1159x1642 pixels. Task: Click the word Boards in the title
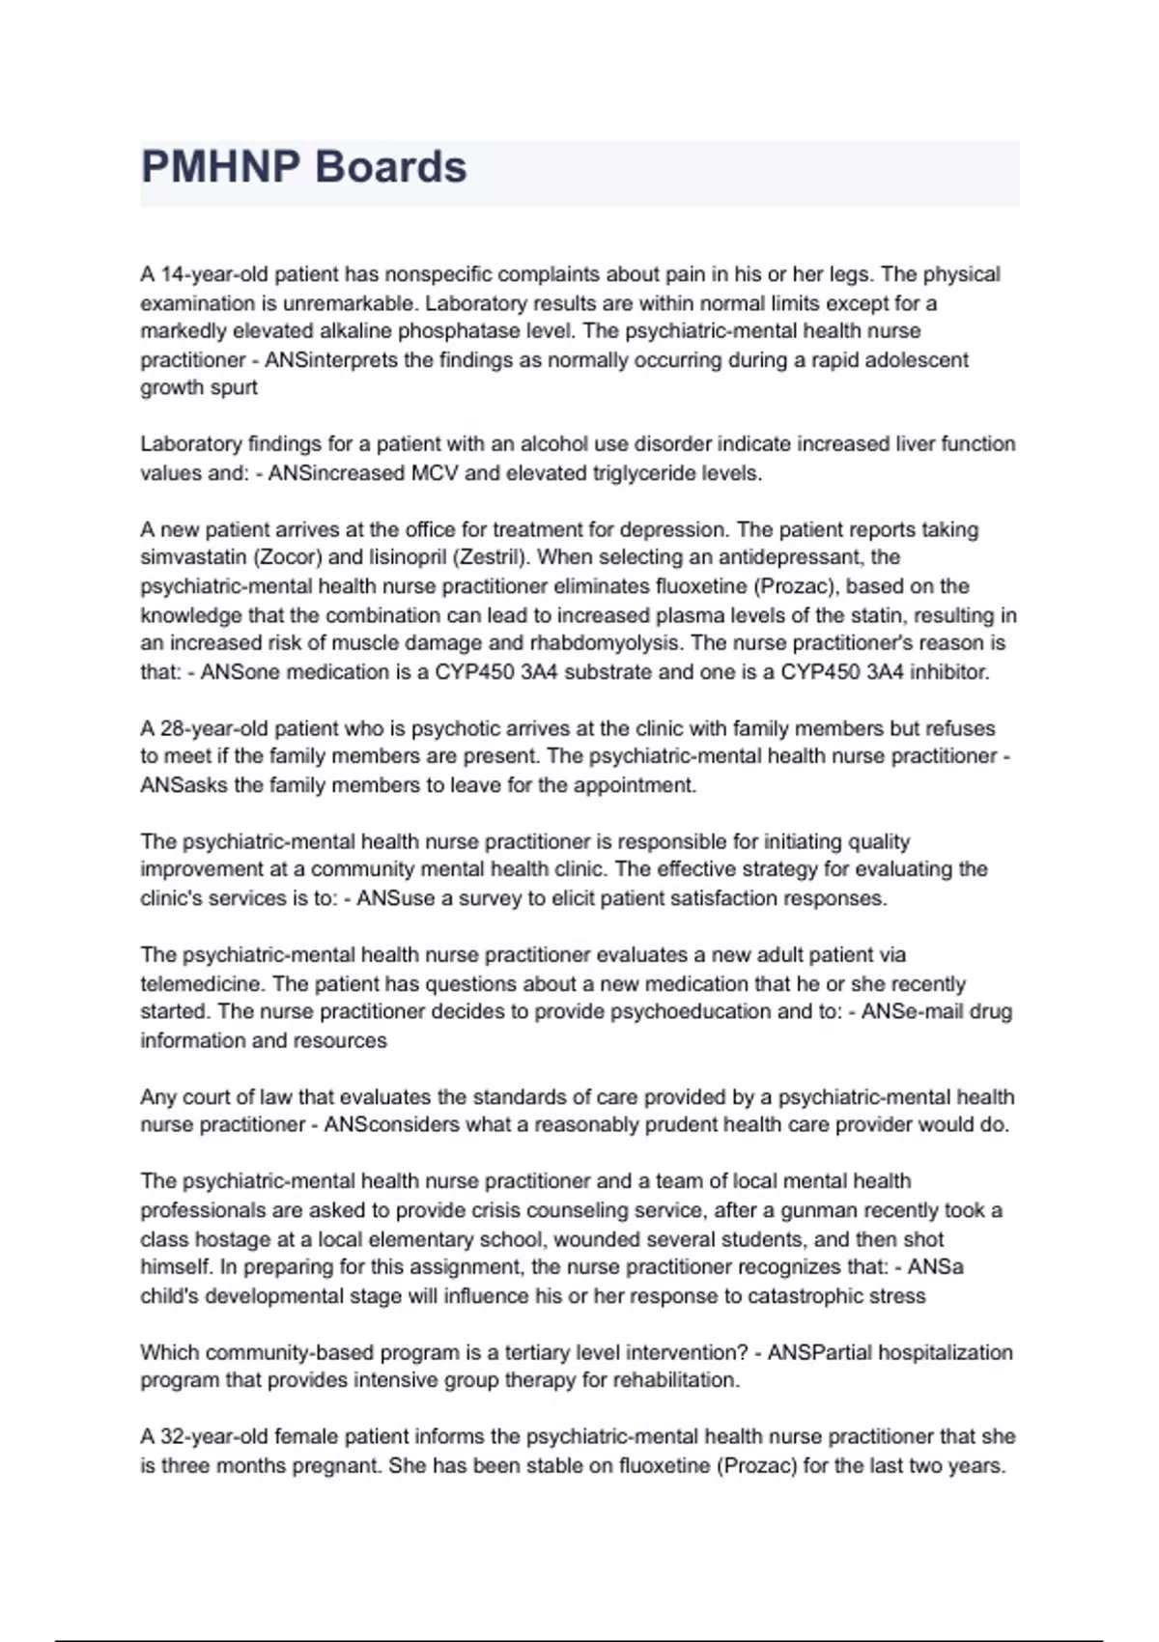pos(391,167)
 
